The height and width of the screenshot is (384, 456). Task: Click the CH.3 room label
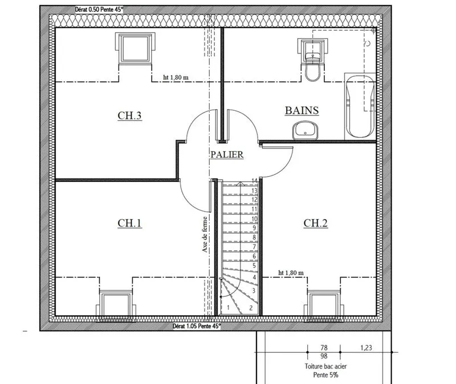coord(130,115)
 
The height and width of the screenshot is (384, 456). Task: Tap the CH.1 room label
coord(130,223)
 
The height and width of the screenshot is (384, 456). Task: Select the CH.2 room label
coord(316,223)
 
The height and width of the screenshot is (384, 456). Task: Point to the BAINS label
coord(302,110)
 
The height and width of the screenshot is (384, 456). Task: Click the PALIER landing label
coord(227,154)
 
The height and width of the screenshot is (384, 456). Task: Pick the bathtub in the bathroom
coord(360,106)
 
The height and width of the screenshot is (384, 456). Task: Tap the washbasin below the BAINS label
coord(306,130)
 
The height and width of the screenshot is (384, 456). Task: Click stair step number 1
coord(229,307)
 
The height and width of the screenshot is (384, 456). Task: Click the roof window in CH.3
coord(135,48)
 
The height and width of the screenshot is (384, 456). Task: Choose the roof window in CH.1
coord(116,305)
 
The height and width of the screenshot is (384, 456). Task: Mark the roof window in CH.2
coord(324,305)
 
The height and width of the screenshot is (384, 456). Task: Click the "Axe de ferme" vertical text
coord(205,234)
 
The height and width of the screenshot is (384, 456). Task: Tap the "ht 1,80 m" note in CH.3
coord(176,77)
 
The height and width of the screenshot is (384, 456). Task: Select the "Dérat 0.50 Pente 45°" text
coord(99,10)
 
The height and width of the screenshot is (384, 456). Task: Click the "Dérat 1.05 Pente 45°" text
coord(197,326)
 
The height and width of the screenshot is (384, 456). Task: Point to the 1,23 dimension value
coord(366,348)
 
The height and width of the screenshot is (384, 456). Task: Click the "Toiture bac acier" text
coord(325,366)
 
